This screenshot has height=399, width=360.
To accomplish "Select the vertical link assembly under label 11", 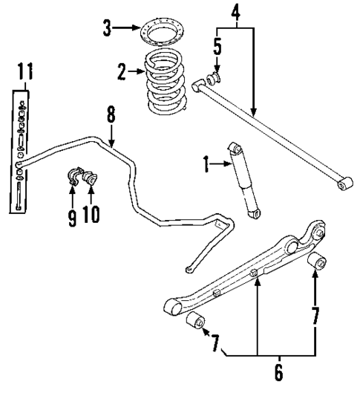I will [17, 152].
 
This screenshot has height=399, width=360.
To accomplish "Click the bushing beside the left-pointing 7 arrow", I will [195, 322].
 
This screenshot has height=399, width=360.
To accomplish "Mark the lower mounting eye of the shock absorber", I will [255, 214].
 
